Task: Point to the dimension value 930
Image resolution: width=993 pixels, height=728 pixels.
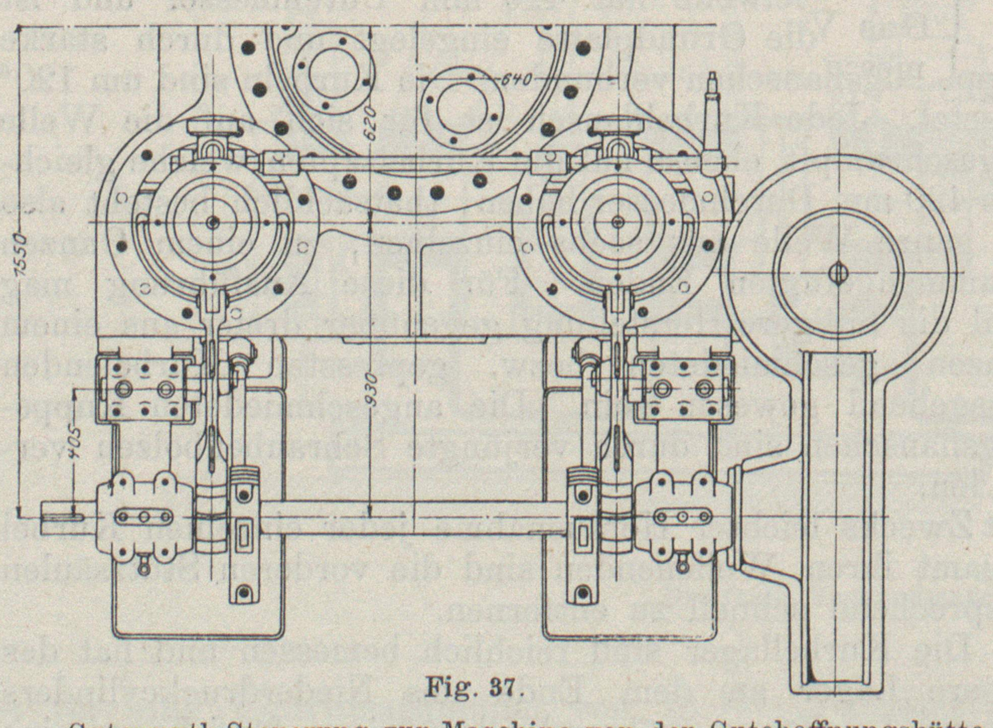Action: [371, 389]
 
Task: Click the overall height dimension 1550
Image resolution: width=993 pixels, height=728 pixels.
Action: [21, 262]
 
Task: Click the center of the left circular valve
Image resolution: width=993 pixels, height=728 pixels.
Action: [213, 222]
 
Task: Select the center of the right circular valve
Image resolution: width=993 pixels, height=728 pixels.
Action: [618, 222]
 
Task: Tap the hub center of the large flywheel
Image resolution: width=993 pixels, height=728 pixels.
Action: [838, 273]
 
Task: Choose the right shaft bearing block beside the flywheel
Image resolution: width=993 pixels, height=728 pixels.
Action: [682, 517]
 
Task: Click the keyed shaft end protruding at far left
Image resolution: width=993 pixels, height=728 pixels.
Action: [60, 517]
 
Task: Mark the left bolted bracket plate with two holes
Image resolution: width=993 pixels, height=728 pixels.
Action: [145, 389]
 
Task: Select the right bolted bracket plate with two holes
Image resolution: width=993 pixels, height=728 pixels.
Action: [683, 389]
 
